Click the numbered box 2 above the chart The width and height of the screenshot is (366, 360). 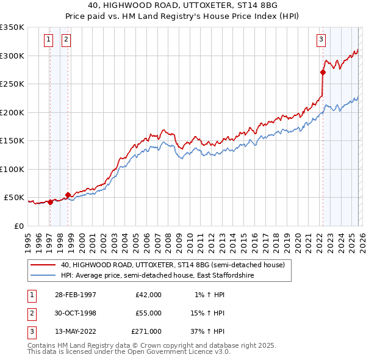point(66,40)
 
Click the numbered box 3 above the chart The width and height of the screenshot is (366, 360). point(321,40)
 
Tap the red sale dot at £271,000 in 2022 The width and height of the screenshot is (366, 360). point(323,72)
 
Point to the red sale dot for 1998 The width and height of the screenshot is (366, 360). point(68,195)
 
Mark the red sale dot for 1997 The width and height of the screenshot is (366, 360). point(50,202)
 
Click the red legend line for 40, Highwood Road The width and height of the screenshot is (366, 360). point(43,265)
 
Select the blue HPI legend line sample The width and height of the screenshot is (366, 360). point(43,276)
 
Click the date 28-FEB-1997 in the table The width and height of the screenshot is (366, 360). point(76,295)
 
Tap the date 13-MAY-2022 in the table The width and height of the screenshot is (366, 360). point(76,331)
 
